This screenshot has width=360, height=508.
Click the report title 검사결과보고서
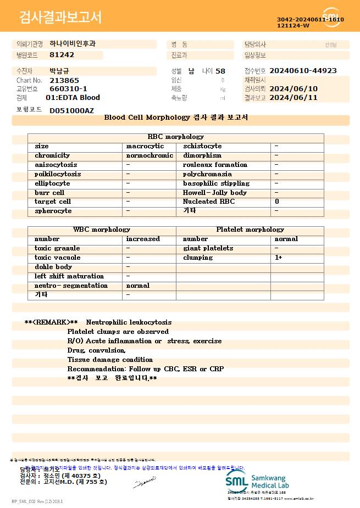[60, 18]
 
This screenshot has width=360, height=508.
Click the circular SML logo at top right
[332, 17]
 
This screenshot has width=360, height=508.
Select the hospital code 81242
[62, 55]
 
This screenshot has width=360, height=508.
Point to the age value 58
[220, 71]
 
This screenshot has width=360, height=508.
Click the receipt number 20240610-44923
[303, 71]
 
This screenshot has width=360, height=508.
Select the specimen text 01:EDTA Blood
[73, 98]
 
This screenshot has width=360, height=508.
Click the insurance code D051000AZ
[71, 110]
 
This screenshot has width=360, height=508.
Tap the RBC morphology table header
[176, 137]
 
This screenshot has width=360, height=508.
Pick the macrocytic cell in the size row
[145, 146]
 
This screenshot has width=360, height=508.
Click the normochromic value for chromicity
[149, 155]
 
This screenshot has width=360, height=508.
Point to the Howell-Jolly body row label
[215, 193]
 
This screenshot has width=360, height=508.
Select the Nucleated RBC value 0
[276, 202]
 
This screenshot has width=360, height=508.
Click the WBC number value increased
[143, 239]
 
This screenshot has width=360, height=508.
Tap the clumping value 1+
[279, 258]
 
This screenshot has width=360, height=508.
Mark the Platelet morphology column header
[250, 230]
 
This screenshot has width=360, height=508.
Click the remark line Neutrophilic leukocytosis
[129, 322]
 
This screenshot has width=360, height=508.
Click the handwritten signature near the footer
[145, 483]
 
